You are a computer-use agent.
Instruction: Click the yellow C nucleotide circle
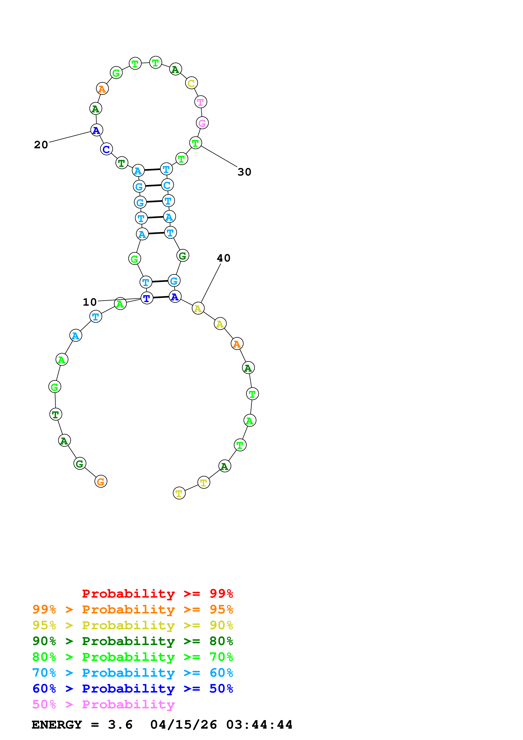click(x=191, y=83)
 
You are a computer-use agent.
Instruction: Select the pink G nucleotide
click(x=202, y=123)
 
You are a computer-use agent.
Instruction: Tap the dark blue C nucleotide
click(x=106, y=149)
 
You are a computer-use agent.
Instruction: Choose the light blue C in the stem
click(x=167, y=185)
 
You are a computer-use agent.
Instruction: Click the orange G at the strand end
click(x=101, y=482)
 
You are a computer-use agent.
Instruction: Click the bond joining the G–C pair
click(x=153, y=186)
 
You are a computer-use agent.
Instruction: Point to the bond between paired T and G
click(x=160, y=281)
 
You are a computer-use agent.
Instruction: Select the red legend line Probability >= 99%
click(x=157, y=594)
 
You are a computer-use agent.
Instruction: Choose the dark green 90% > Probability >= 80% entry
click(x=132, y=641)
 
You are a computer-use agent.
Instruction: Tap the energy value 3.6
click(x=120, y=725)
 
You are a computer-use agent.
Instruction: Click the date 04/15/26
click(x=183, y=725)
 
